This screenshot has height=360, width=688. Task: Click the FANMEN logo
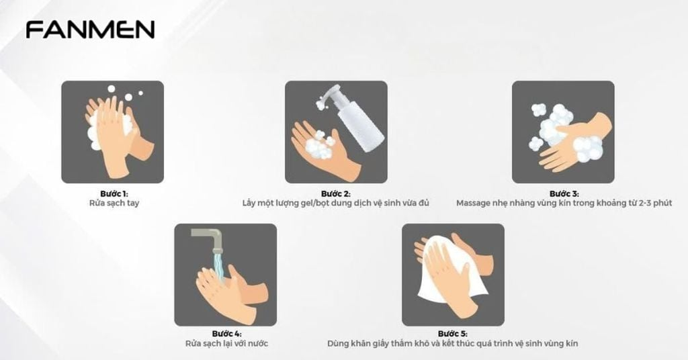tap(90, 30)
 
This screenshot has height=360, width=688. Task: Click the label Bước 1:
tap(112, 193)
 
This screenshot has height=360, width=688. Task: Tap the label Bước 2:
tap(336, 193)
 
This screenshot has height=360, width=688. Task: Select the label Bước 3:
tap(563, 193)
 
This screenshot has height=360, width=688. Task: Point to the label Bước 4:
tap(226, 334)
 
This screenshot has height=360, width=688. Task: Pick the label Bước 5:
tap(452, 334)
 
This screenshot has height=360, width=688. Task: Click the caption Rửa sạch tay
tap(113, 203)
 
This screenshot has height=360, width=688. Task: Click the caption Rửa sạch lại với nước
tap(226, 344)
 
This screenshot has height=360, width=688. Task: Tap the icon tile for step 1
tap(112, 132)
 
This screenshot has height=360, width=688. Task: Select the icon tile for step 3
tap(563, 132)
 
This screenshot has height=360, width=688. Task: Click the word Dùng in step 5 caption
tap(337, 344)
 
